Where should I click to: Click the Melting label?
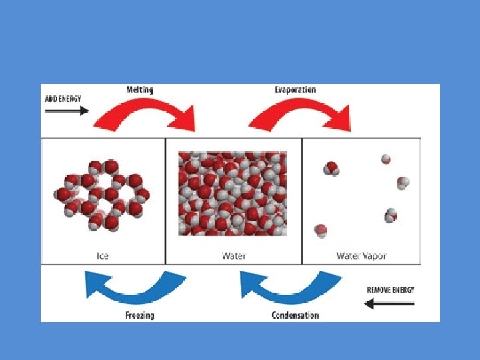click(x=139, y=90)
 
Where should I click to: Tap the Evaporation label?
click(x=295, y=90)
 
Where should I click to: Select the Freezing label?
click(x=139, y=315)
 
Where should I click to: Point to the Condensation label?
click(x=295, y=315)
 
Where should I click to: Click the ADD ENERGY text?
click(x=63, y=98)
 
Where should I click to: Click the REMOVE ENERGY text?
click(x=391, y=290)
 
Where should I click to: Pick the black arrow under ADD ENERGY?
click(x=67, y=111)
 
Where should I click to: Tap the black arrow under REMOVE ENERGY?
click(x=390, y=303)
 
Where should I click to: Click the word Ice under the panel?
click(x=103, y=255)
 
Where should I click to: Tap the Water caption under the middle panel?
click(x=233, y=255)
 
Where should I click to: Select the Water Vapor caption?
click(x=361, y=255)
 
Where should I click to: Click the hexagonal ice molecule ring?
click(x=103, y=194)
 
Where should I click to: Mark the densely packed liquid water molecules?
click(x=232, y=193)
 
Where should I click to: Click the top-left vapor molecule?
click(x=331, y=168)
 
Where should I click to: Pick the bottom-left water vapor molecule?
click(x=321, y=231)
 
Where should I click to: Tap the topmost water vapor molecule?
click(x=385, y=159)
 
